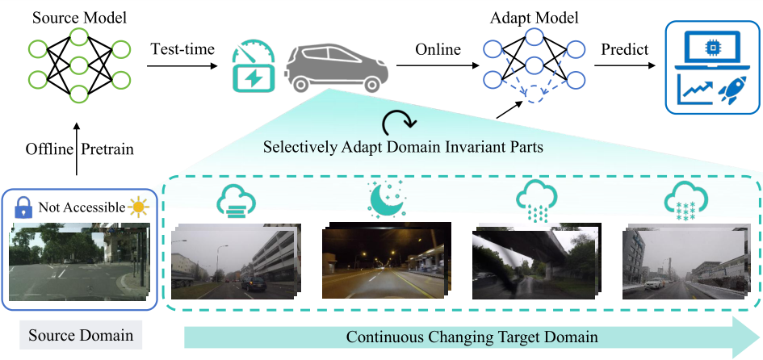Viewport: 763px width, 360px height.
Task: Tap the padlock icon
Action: coord(24,207)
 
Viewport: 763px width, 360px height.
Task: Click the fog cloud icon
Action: coord(235,200)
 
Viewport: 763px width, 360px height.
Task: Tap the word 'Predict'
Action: coord(624,50)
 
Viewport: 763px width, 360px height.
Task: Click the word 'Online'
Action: coord(438,50)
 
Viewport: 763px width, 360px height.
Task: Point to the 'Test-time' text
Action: coord(182,50)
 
